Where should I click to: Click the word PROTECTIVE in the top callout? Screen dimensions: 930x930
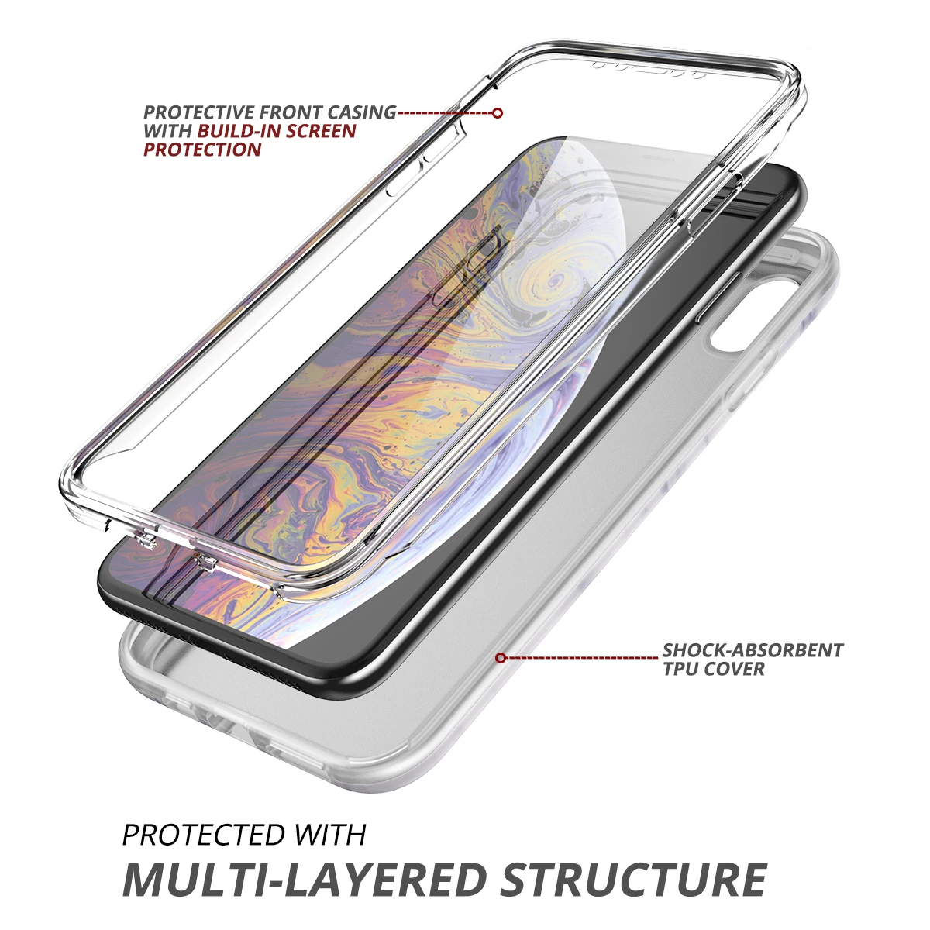click(x=198, y=113)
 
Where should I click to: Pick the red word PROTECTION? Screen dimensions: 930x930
click(x=202, y=150)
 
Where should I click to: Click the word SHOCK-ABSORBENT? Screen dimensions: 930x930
click(x=753, y=650)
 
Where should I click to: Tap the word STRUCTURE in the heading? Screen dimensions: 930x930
click(x=634, y=879)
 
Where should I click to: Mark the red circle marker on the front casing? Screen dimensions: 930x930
click(x=498, y=113)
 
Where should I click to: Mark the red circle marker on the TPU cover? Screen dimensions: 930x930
click(x=501, y=658)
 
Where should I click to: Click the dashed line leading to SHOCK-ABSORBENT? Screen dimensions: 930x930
click(x=581, y=658)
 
